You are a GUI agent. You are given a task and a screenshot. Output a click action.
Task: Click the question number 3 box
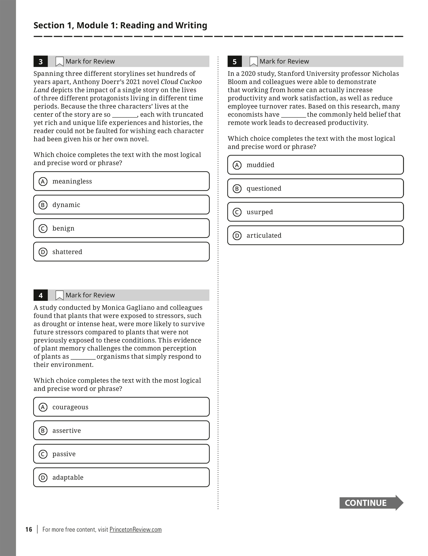point(40,62)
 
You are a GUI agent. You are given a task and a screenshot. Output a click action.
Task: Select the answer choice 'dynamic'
point(121,205)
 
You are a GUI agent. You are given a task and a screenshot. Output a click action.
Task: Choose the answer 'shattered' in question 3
point(121,252)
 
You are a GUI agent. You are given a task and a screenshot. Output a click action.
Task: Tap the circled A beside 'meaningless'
point(43,182)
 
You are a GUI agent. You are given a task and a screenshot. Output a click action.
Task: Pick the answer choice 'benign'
point(121,228)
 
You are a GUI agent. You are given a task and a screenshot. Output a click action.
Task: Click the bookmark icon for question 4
point(60,295)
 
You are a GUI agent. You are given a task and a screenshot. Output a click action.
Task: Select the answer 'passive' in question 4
point(121,454)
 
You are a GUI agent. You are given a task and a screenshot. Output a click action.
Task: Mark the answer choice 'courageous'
point(121,407)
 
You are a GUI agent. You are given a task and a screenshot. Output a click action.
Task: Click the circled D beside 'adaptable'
point(43,478)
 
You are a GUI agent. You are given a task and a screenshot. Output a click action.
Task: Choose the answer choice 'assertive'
point(121,431)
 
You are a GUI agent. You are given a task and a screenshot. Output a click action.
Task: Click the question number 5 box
point(234,62)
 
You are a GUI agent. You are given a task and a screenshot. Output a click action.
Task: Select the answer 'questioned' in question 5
point(315,189)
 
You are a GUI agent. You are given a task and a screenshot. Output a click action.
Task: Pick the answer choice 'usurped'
point(315,212)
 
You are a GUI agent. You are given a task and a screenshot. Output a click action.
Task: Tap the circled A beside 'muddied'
point(237,165)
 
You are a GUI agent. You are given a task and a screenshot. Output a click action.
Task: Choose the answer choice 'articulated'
point(315,236)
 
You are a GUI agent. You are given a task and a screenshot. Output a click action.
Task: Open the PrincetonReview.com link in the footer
point(135,529)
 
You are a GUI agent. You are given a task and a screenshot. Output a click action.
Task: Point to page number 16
point(29,529)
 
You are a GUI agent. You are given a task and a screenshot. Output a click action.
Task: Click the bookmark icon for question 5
point(253,62)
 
